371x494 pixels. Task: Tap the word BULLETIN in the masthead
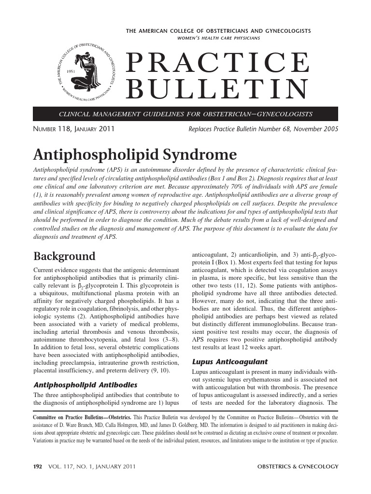tap(217, 89)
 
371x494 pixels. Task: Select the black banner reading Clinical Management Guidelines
tap(185, 114)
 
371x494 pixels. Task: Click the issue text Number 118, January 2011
tap(73, 129)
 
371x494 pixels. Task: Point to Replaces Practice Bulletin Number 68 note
tap(263, 129)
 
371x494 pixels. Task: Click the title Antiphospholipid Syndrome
tap(135, 155)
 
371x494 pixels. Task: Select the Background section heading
tap(64, 256)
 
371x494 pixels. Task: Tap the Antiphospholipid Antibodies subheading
tap(85, 384)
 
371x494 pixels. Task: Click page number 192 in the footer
tap(38, 467)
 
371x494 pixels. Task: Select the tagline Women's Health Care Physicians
tap(218, 38)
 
